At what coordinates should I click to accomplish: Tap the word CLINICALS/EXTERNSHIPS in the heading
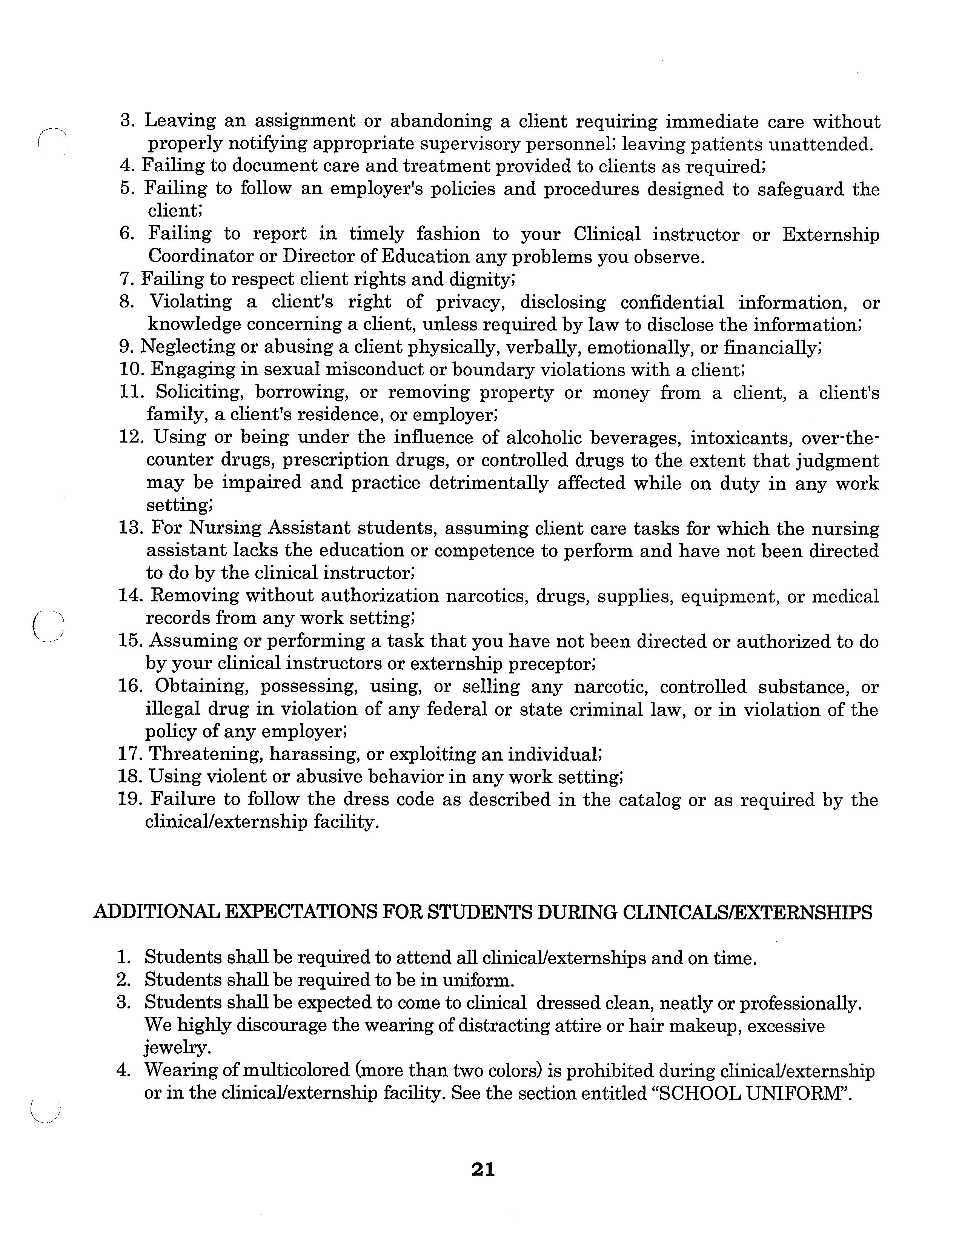click(747, 912)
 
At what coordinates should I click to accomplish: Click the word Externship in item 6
click(830, 234)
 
